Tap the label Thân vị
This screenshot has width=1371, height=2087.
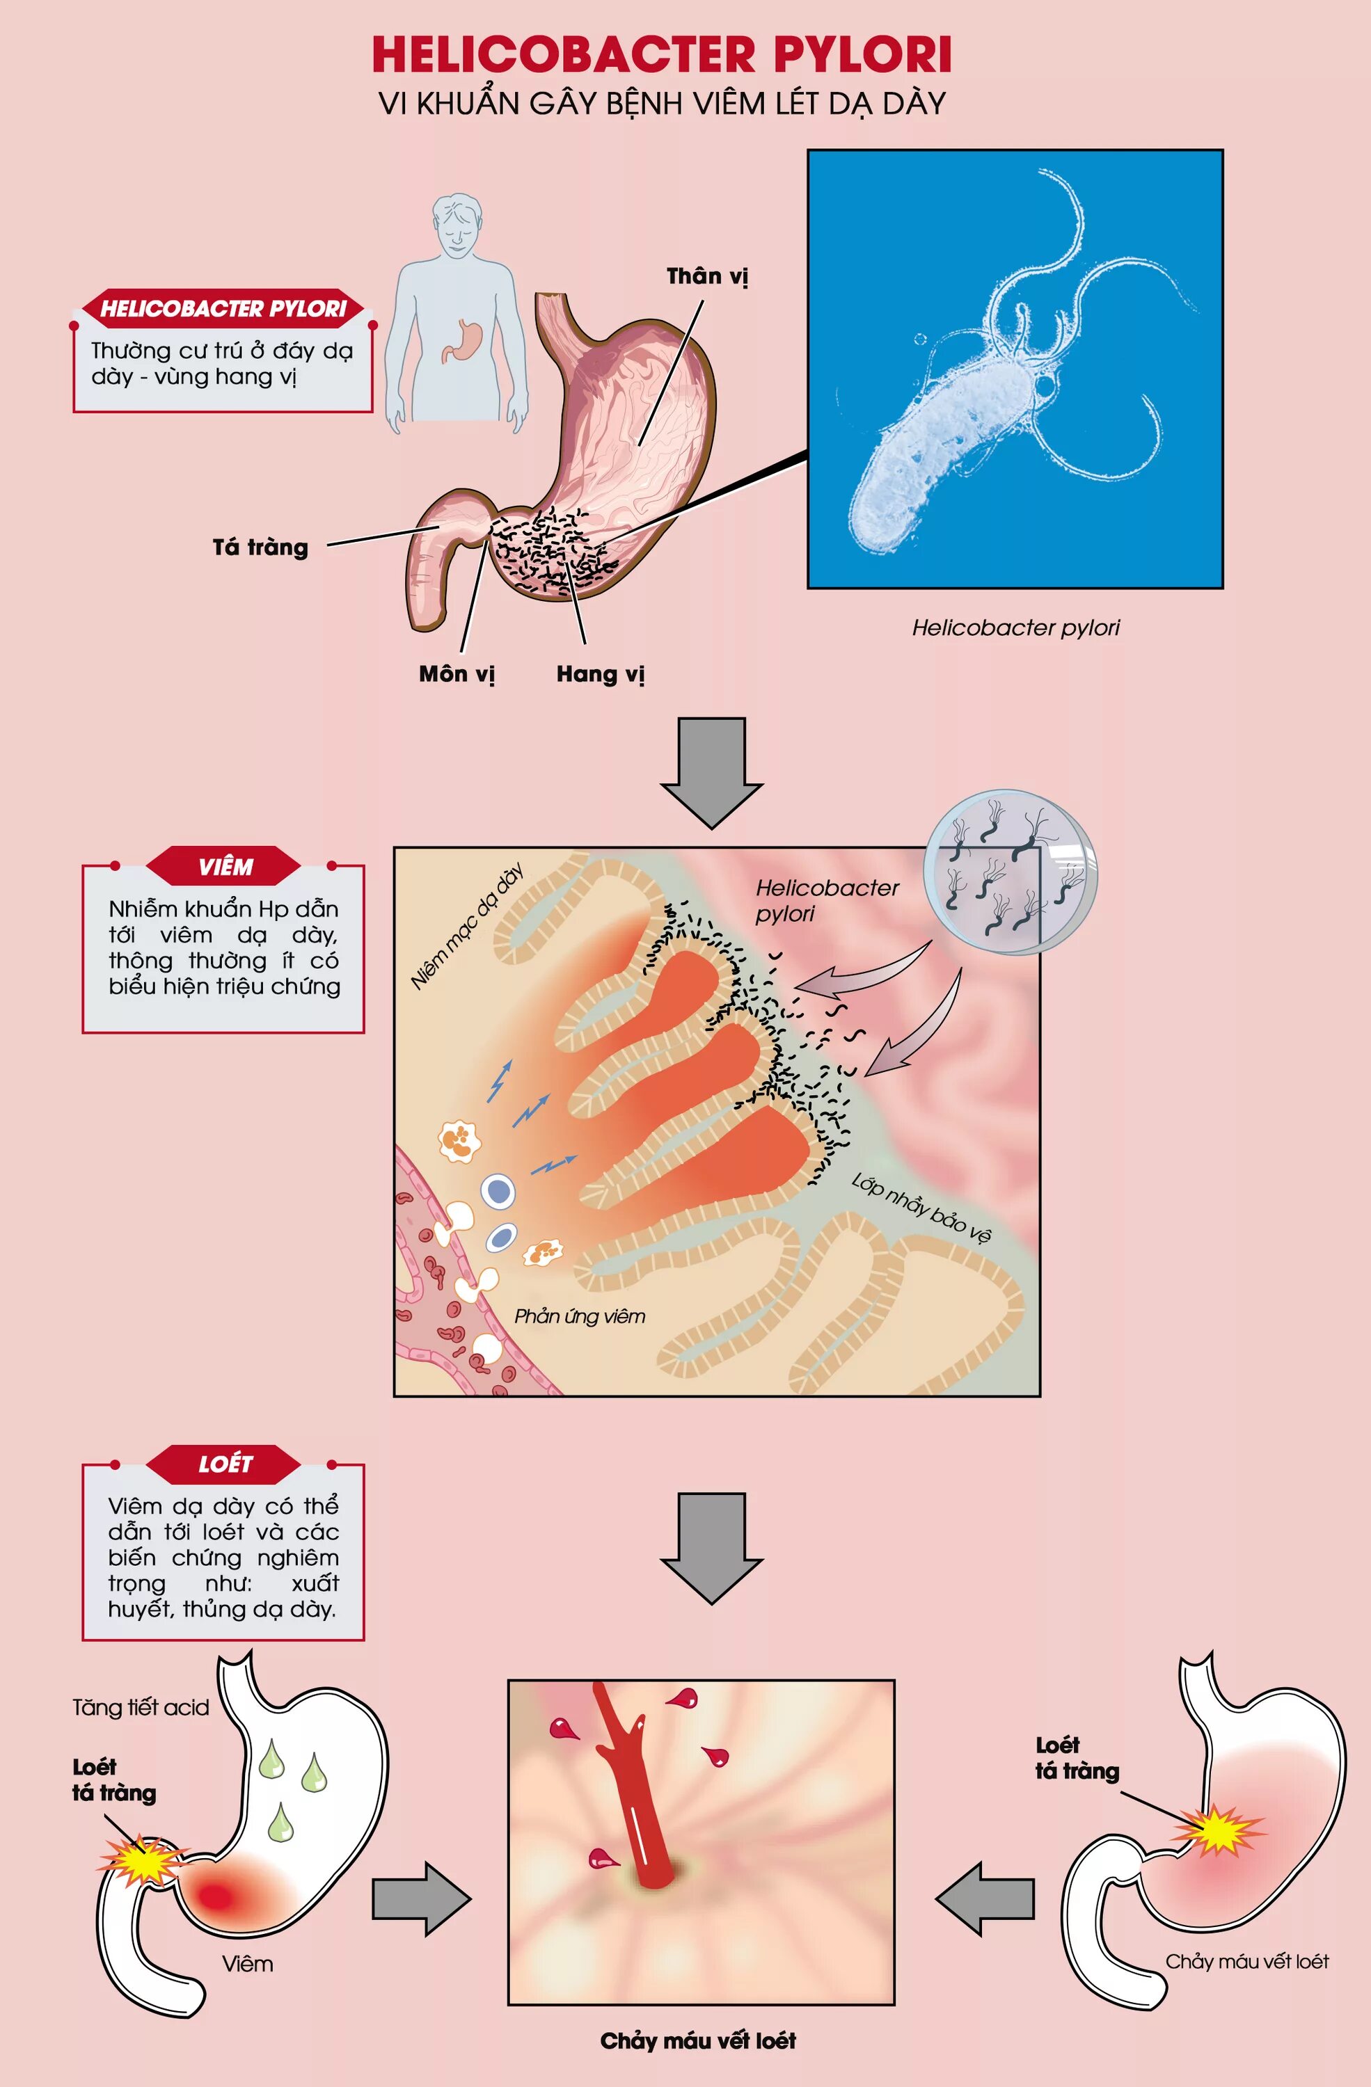[707, 277]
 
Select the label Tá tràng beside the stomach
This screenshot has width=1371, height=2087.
[260, 548]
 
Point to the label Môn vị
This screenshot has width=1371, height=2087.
[456, 674]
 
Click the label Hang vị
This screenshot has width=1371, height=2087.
[600, 674]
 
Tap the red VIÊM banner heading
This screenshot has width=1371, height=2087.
[225, 866]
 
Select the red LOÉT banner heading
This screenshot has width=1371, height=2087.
[225, 1464]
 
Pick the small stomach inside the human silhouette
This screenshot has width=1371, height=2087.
[463, 340]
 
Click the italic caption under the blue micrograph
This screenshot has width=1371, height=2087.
[1015, 628]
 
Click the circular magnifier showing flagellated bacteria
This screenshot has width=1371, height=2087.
[1011, 872]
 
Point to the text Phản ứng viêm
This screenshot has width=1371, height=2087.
[579, 1316]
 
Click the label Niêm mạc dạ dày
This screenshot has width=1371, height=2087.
[468, 925]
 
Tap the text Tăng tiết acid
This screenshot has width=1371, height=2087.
[141, 1707]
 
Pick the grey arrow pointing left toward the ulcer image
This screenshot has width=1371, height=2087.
[984, 1898]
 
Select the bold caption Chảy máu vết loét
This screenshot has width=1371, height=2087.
[697, 2040]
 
